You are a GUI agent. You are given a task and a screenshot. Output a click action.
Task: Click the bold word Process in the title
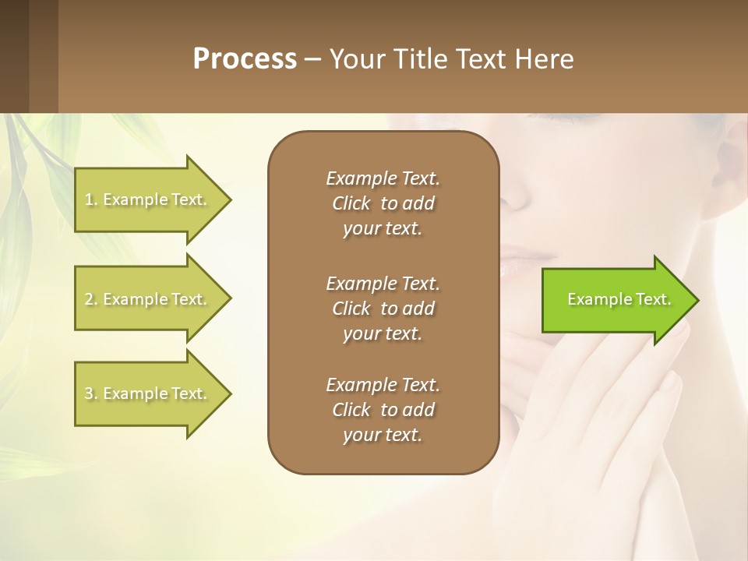click(x=245, y=59)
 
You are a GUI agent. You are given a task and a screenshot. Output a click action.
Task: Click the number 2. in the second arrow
click(x=91, y=299)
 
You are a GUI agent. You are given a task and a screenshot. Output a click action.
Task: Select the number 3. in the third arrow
click(x=91, y=393)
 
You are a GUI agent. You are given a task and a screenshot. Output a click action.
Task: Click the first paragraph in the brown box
click(x=383, y=203)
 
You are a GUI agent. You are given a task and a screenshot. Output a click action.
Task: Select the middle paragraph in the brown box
click(x=383, y=308)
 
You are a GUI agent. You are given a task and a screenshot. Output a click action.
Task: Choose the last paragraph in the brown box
click(x=383, y=410)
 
